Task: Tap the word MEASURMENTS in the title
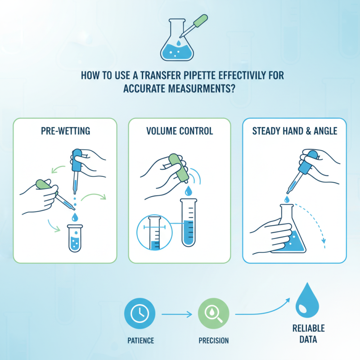205,88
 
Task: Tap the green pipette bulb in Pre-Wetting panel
43,184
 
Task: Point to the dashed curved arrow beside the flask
317,225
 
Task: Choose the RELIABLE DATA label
308,333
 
